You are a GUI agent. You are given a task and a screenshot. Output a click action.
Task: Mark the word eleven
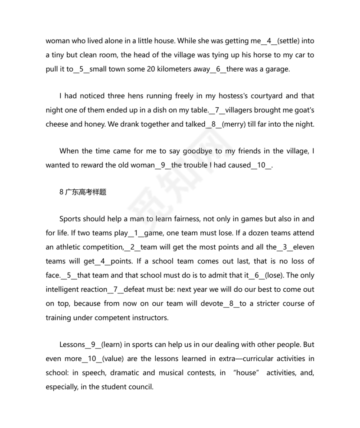click(302, 247)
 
